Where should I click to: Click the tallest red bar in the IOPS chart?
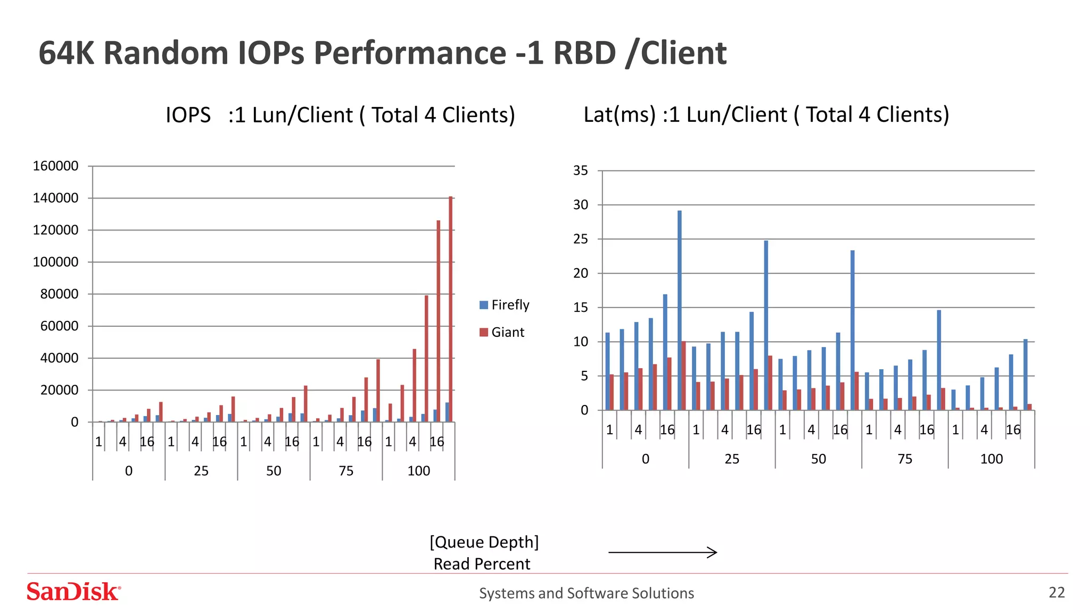point(450,309)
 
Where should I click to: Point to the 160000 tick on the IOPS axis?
point(56,166)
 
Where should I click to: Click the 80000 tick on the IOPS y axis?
point(59,294)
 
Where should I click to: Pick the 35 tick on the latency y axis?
point(581,171)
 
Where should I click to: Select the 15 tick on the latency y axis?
point(581,308)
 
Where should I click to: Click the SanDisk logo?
point(74,592)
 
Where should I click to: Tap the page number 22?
point(1056,592)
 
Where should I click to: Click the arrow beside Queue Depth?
point(663,552)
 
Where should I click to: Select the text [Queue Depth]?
point(484,542)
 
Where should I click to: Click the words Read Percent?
point(482,564)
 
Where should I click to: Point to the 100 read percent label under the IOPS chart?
point(418,471)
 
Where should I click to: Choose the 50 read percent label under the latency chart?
point(818,459)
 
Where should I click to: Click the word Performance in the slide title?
point(410,53)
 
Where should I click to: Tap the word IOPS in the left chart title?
point(188,115)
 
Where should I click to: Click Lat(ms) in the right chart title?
point(620,115)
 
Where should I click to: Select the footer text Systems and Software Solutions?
point(587,593)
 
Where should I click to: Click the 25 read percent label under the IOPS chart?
point(201,471)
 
